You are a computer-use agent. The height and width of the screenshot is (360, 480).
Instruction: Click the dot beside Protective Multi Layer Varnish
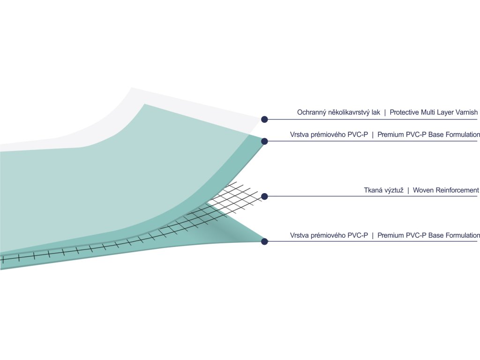pos(264,119)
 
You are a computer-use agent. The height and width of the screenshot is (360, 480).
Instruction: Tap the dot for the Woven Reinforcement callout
pos(264,196)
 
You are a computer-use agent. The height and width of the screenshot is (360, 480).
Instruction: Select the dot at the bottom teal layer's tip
pos(264,241)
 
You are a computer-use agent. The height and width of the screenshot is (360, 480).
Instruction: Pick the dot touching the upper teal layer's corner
pos(264,141)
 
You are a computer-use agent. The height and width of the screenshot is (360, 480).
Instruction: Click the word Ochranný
pos(312,112)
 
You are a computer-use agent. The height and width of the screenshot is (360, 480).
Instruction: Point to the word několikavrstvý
pos(349,112)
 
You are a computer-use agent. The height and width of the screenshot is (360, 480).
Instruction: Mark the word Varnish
pos(470,112)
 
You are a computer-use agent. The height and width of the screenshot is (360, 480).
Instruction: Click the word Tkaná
pos(373,190)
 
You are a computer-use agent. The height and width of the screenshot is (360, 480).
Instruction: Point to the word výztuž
pos(394,190)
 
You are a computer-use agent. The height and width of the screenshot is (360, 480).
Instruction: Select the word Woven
pos(423,190)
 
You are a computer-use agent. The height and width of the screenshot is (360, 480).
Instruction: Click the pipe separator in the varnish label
pos(385,112)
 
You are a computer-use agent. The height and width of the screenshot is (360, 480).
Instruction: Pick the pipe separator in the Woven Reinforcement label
pos(408,190)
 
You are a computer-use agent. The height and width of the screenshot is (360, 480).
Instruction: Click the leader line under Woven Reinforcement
pos(375,196)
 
